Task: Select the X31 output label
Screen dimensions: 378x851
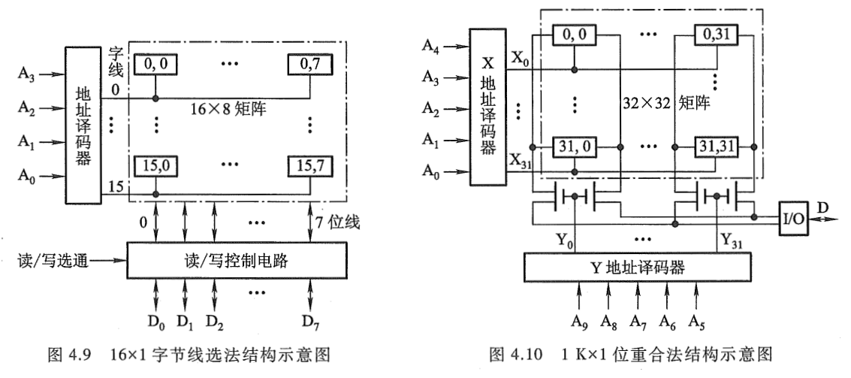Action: [522, 162]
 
